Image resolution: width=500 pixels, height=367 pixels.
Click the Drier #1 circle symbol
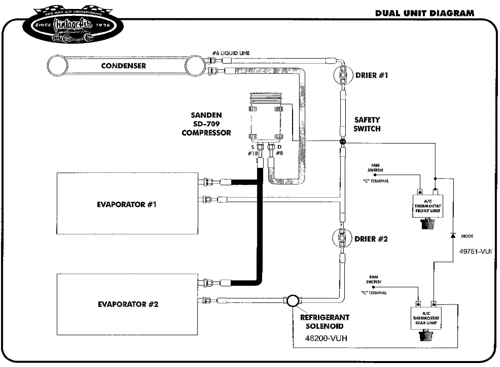(x=342, y=75)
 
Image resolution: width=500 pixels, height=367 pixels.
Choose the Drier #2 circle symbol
(x=342, y=239)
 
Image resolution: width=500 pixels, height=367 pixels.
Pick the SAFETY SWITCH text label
(x=367, y=124)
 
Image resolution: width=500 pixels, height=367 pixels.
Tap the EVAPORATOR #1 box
(x=127, y=204)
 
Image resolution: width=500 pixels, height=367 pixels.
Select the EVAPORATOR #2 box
(x=127, y=304)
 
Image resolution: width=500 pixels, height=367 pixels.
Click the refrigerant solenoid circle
(x=292, y=300)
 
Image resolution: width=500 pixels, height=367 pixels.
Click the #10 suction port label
(x=253, y=153)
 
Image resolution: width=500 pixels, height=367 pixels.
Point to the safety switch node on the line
(x=342, y=143)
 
